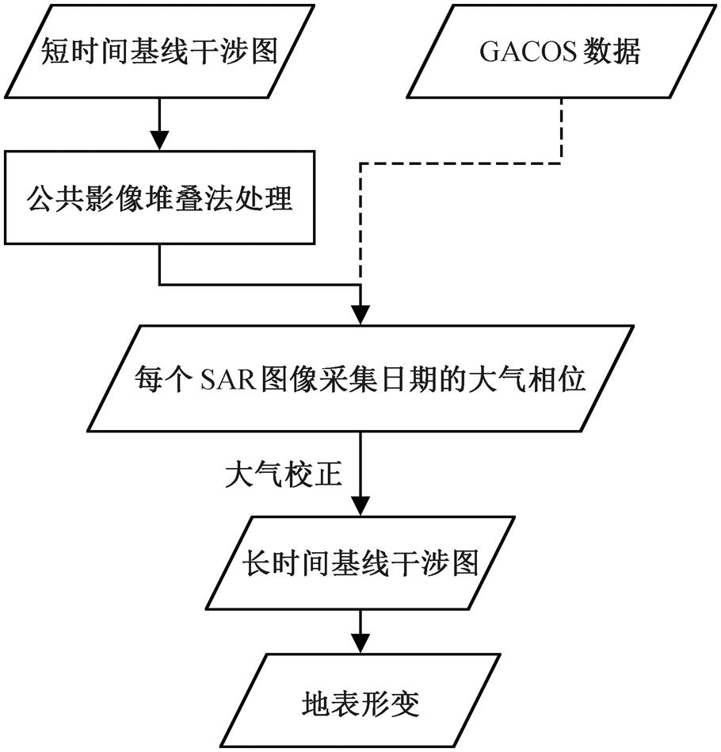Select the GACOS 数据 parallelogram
[x=561, y=52]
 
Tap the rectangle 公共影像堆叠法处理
[x=160, y=198]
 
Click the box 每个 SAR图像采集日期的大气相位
[x=360, y=379]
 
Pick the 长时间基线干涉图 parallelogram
[x=360, y=564]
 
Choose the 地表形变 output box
[x=360, y=701]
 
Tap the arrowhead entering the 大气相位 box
[x=360, y=313]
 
